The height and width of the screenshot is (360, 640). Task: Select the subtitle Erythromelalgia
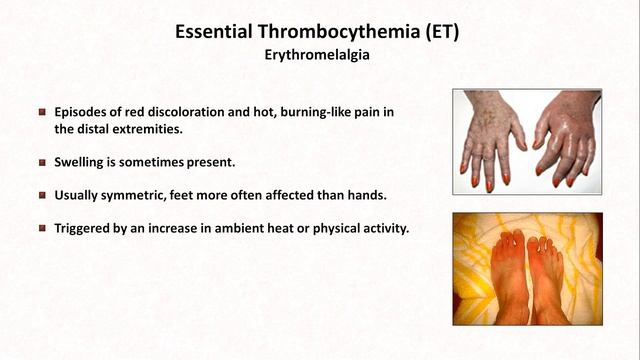click(x=319, y=56)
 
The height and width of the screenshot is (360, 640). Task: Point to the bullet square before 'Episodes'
click(x=42, y=112)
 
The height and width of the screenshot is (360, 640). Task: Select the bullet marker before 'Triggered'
click(x=42, y=227)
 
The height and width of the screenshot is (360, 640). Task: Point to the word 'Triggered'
click(x=86, y=227)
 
